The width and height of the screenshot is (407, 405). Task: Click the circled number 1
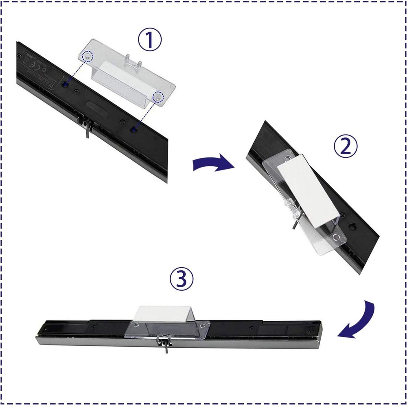149,39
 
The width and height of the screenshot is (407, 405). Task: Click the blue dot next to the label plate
66,85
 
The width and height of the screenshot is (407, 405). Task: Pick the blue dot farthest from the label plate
134,129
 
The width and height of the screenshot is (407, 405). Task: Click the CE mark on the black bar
26,59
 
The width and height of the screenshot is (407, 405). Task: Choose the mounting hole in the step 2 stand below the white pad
336,237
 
